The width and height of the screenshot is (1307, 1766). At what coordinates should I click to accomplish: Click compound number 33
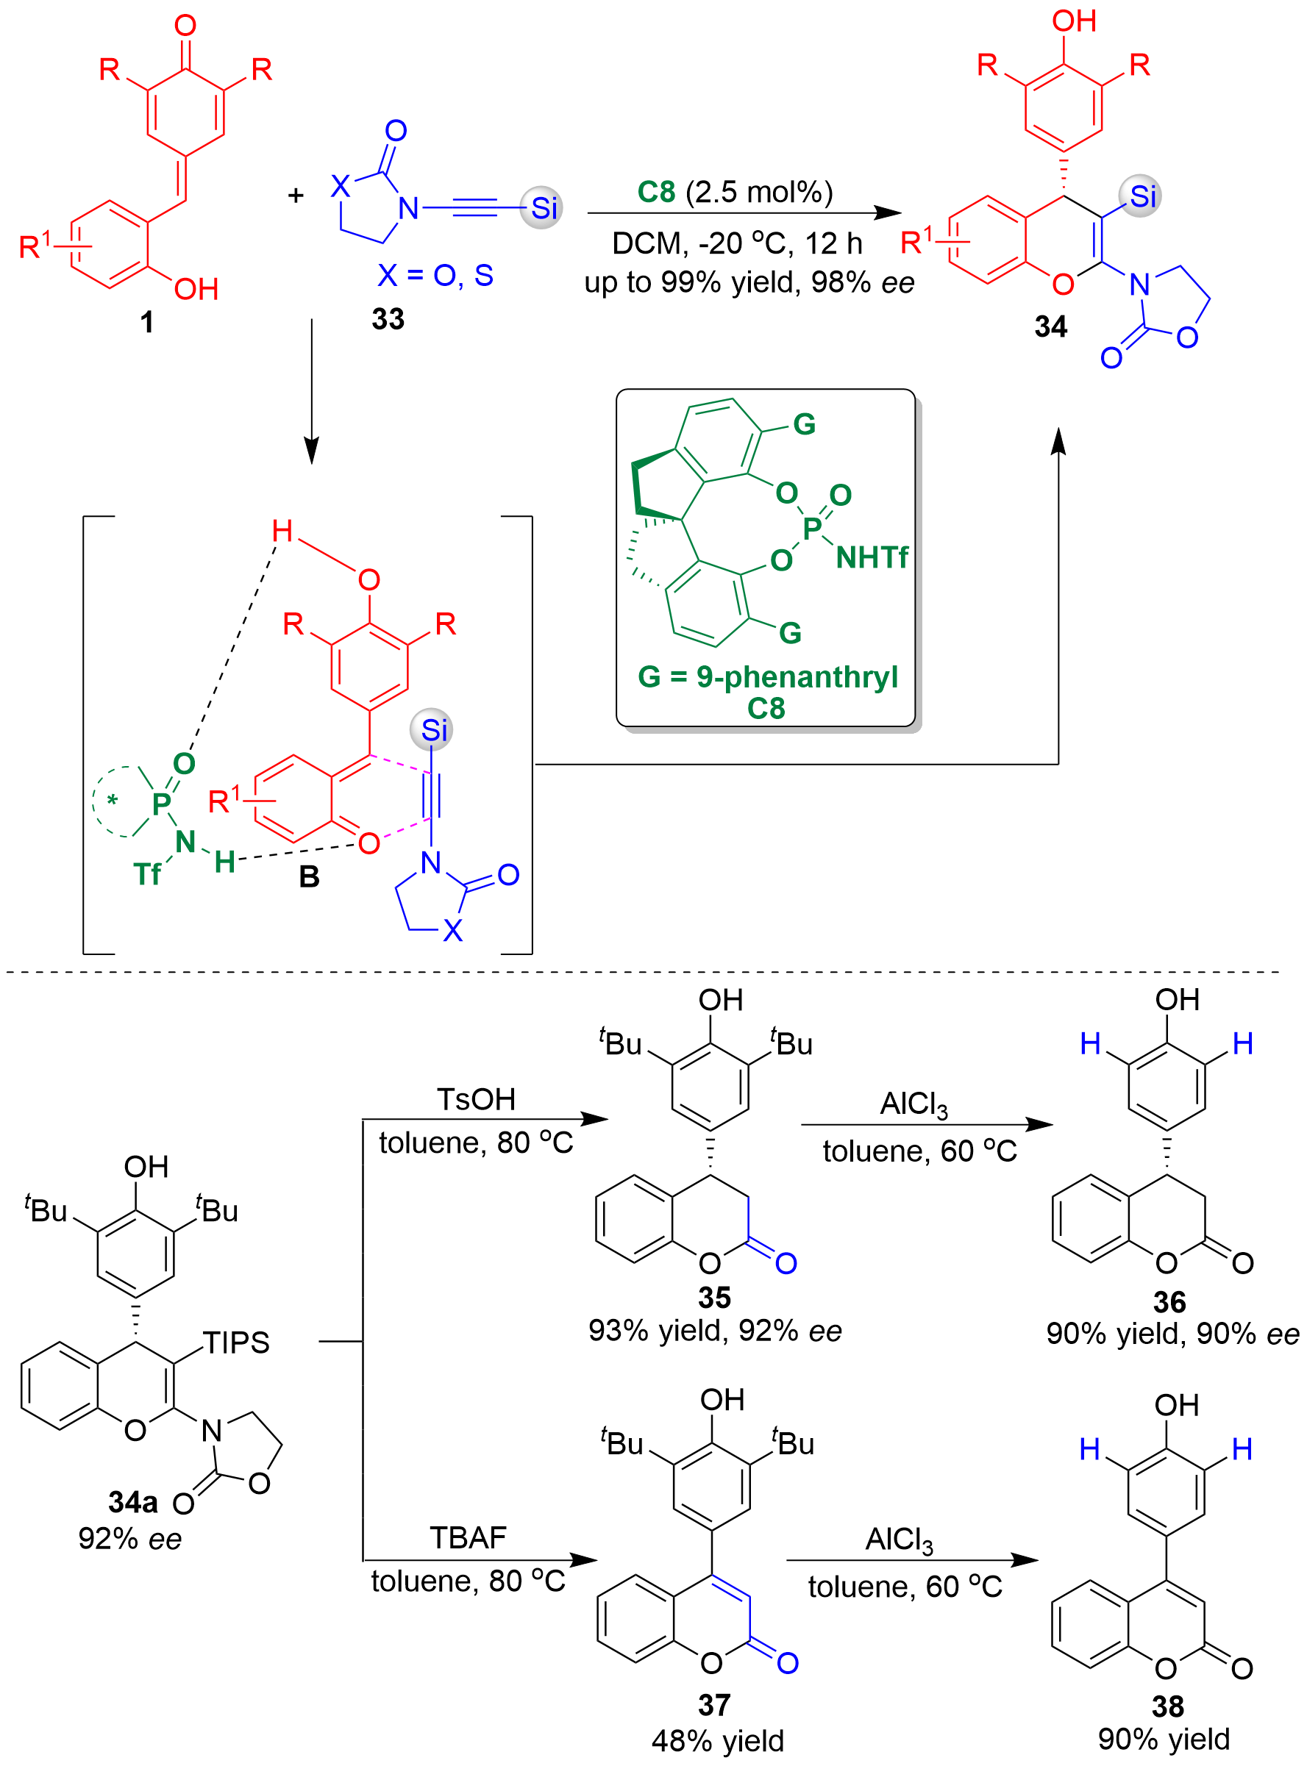[x=388, y=319]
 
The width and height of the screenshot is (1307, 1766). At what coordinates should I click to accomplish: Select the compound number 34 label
[x=1050, y=326]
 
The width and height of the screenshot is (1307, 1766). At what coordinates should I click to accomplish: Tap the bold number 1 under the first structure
[x=147, y=322]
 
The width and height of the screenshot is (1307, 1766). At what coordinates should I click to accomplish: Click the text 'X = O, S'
[x=435, y=275]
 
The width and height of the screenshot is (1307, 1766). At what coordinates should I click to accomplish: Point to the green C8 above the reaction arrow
[x=656, y=192]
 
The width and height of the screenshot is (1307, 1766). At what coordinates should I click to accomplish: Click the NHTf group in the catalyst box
[x=872, y=557]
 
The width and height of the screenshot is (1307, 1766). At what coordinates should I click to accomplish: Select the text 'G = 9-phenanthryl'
[x=767, y=676]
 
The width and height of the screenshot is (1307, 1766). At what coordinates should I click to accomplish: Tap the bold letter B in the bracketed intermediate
[x=310, y=876]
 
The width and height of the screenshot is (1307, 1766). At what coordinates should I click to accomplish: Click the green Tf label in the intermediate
[x=147, y=874]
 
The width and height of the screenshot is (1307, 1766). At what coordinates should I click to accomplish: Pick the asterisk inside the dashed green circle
[x=113, y=801]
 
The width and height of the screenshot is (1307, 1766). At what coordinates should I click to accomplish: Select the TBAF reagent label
[x=468, y=1537]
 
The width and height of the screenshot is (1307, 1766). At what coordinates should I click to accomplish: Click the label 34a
[x=133, y=1501]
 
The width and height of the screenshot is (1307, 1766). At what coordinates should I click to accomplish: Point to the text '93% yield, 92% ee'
[x=714, y=1330]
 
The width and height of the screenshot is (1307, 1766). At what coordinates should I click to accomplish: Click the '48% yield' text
[x=718, y=1741]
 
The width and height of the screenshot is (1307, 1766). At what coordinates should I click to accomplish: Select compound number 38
[x=1168, y=1706]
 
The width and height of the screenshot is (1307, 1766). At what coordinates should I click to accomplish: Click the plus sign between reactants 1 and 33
[x=296, y=196]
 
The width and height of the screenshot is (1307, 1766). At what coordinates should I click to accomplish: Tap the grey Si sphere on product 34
[x=1139, y=196]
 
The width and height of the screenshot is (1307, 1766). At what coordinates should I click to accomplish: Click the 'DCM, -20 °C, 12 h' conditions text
[x=736, y=243]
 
